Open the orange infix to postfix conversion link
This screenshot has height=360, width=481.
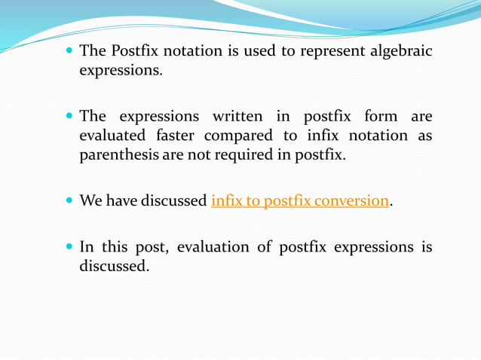pyautogui.click(x=300, y=202)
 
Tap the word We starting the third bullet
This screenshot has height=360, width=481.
pyautogui.click(x=90, y=202)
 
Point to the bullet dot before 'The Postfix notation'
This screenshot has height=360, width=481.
pyautogui.click(x=69, y=52)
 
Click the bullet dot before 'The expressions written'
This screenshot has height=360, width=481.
pyautogui.click(x=69, y=117)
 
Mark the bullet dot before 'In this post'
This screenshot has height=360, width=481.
pyautogui.click(x=69, y=248)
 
